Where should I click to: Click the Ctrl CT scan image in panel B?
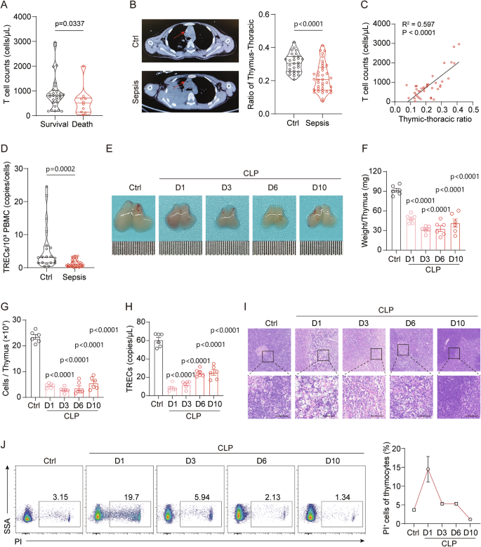coord(187,39)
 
